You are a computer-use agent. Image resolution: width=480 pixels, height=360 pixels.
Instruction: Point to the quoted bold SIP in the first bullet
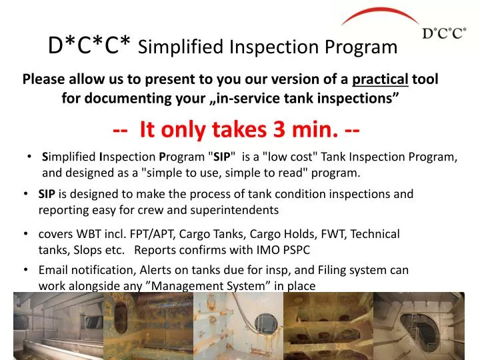click(221, 157)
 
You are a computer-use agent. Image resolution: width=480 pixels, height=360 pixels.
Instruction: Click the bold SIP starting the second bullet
click(47, 194)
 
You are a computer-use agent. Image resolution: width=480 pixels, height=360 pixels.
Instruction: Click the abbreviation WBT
click(90, 234)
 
